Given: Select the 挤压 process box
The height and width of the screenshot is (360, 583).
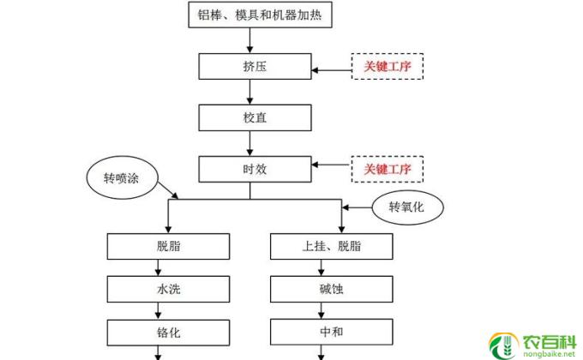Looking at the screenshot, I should pos(249,66).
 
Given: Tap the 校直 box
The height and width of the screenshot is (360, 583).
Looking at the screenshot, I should pos(249,117).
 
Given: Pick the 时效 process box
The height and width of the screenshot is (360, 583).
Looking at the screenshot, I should pos(249,167).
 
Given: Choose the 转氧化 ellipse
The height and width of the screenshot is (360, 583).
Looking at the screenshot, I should pos(406,207).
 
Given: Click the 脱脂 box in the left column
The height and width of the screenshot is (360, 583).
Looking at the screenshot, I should pos(168,246).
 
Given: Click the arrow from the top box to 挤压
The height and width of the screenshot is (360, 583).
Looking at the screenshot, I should pos(249,39).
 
